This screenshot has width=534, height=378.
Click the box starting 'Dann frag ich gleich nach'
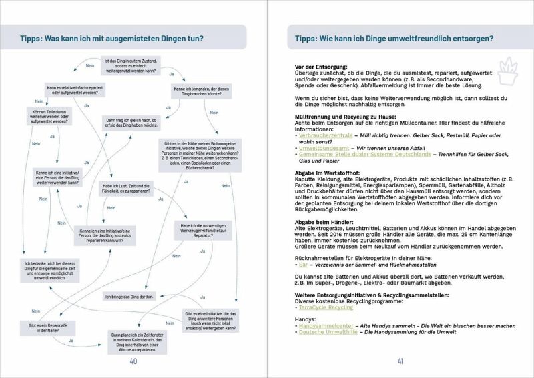[132, 123]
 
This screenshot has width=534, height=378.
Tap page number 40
[133, 362]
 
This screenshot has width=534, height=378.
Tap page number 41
[400, 362]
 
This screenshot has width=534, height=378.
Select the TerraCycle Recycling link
[326, 308]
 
